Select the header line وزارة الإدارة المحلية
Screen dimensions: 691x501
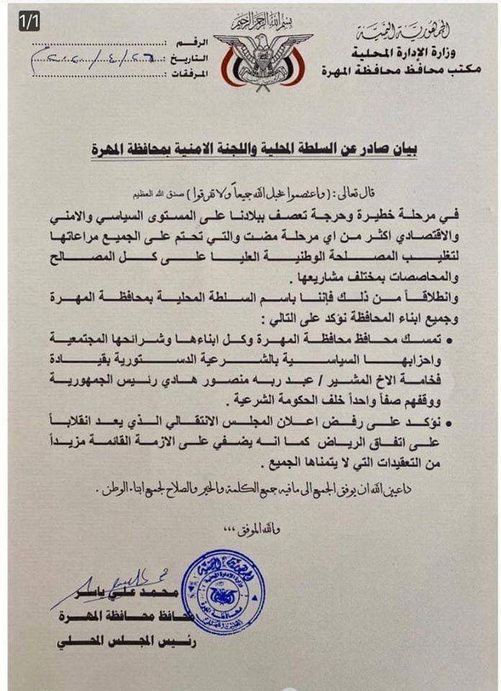pos(414,53)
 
